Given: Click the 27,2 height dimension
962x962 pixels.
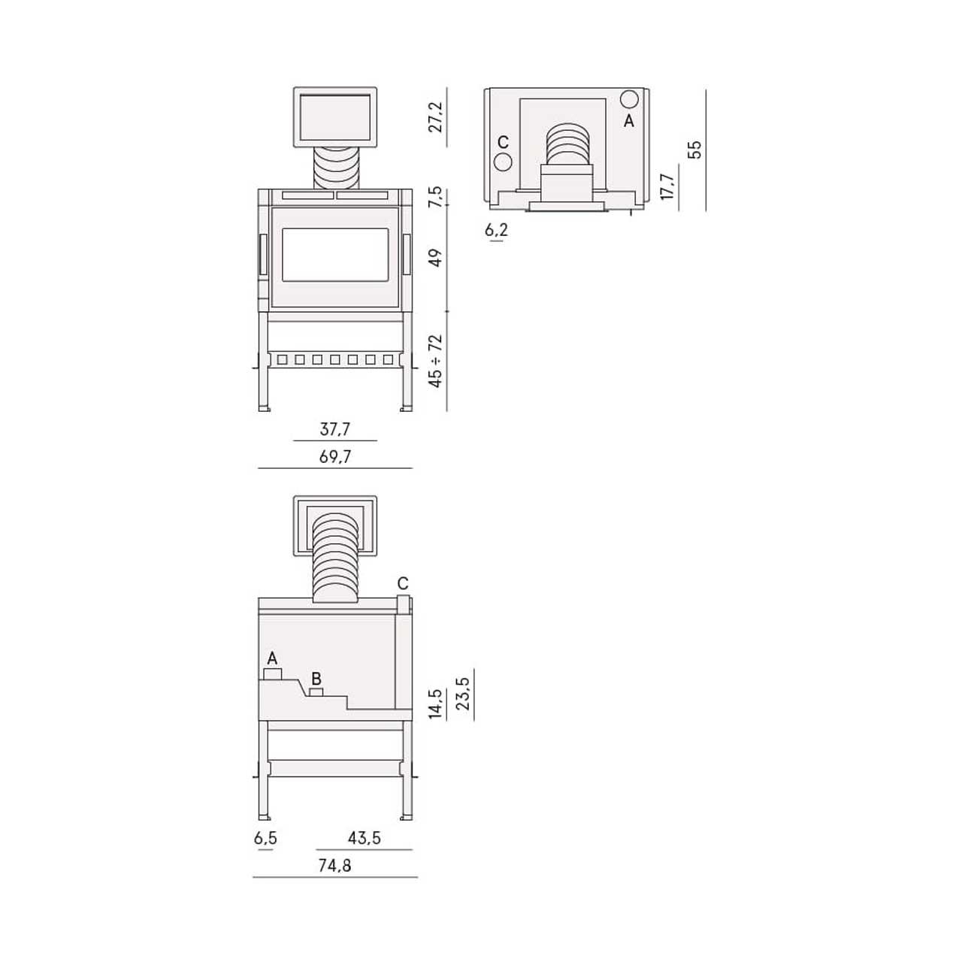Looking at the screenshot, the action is [x=436, y=117].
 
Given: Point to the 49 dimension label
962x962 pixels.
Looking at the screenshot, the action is [x=436, y=258].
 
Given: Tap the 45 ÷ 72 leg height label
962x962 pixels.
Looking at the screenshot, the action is [x=436, y=361].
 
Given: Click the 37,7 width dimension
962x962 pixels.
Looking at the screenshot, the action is [x=335, y=429].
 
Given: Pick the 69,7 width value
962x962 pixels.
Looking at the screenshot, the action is [x=335, y=457].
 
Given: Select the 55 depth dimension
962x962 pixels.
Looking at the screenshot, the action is [x=694, y=150].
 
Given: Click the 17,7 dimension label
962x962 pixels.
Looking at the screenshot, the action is [x=667, y=186].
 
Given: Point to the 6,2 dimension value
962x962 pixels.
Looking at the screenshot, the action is [x=496, y=230].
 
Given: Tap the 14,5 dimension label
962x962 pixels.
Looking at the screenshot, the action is [x=435, y=704].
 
